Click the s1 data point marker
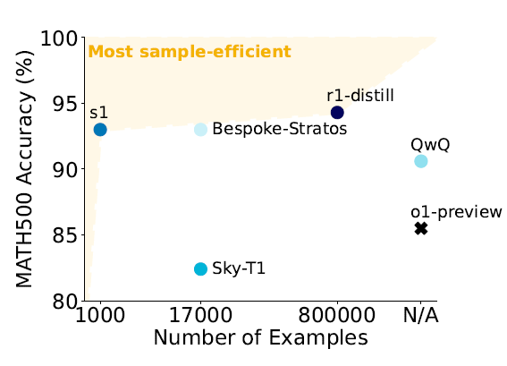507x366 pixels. point(100,130)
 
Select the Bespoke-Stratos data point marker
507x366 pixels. point(200,130)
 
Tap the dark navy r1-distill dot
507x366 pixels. point(337,113)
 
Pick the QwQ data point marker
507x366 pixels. point(421,161)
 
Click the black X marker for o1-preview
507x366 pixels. point(421,228)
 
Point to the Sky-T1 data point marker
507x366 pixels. point(200,269)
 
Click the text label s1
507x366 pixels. point(98,113)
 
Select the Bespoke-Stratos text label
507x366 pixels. point(279,129)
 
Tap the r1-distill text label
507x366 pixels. point(360,96)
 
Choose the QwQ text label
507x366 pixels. point(430,145)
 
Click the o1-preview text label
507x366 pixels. point(456,213)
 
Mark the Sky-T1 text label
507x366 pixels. point(239,268)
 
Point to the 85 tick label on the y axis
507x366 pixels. point(65,236)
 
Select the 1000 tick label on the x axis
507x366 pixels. point(100,315)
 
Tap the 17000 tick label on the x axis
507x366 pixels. point(200,315)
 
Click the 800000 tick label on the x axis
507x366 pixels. point(337,315)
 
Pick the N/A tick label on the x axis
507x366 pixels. point(421,315)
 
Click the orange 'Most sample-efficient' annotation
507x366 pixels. point(190,52)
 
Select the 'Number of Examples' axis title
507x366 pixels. point(260,337)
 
